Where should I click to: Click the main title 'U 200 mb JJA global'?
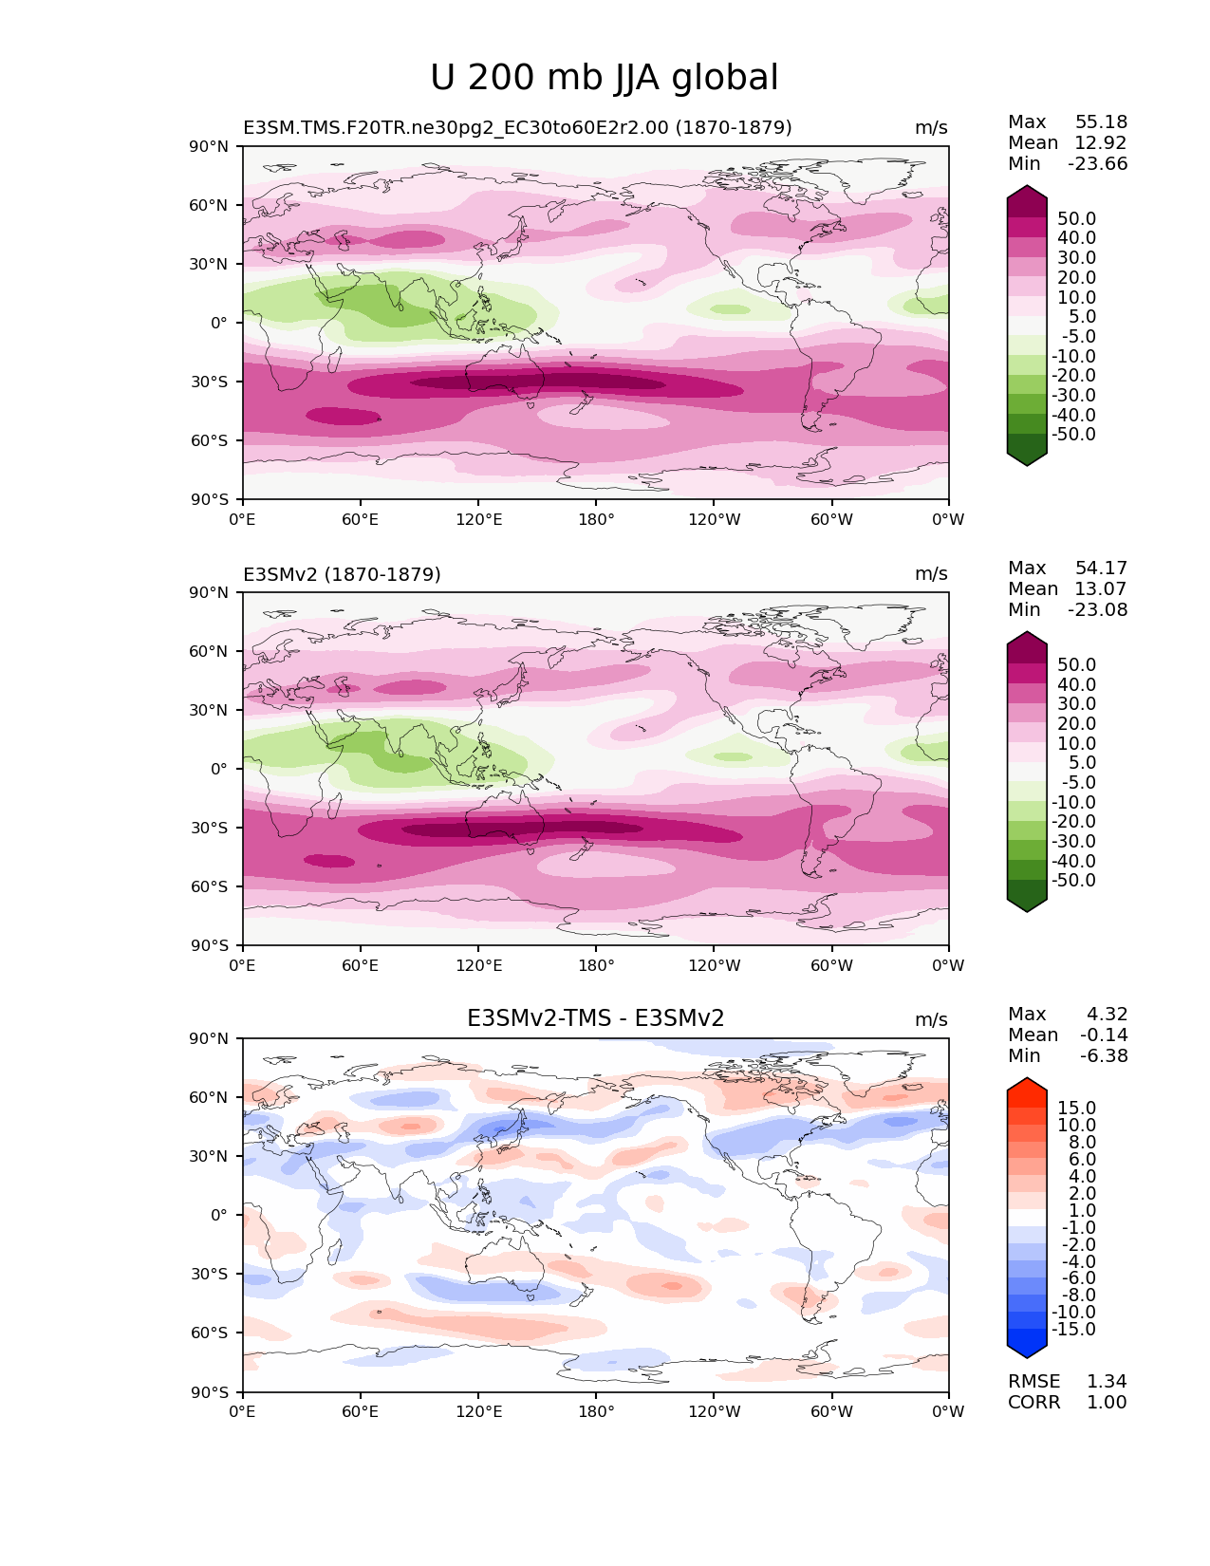tap(604, 78)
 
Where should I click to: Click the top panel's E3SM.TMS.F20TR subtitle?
tap(517, 127)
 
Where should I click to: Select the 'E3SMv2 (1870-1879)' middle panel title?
tap(342, 574)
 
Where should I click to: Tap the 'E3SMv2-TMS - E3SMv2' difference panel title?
tap(595, 1018)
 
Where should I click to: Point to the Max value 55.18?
tap(1101, 121)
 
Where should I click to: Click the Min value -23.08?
tap(1097, 609)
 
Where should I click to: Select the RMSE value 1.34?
tap(1107, 1381)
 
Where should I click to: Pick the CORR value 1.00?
tap(1107, 1402)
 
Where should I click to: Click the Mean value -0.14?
tap(1103, 1035)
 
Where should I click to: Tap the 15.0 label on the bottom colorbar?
tap(1076, 1109)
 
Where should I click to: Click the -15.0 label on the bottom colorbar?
tap(1073, 1329)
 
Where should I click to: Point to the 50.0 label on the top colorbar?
tap(1076, 218)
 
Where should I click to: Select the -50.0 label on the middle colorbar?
tap(1073, 880)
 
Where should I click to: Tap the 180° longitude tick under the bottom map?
tap(596, 1411)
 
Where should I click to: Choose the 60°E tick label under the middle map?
tap(360, 965)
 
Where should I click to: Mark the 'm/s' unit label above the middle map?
tap(931, 574)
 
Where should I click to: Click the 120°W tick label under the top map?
tap(714, 519)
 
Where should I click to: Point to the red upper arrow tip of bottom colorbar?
tap(1027, 1084)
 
